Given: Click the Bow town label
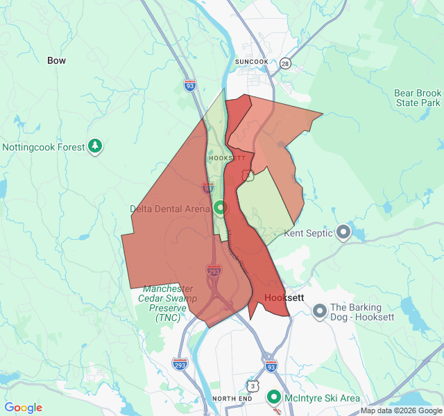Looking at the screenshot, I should [56, 60].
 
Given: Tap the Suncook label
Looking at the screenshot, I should [251, 62].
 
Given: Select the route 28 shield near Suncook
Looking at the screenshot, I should [286, 63].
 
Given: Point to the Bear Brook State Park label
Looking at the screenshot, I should [417, 98].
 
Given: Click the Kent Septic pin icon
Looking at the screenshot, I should [343, 232].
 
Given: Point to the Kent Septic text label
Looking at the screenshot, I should [309, 233].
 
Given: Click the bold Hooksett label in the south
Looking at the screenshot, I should [284, 297].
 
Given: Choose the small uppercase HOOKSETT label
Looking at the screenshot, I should [226, 158].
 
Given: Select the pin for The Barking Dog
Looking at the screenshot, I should [320, 311].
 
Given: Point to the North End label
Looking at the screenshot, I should [232, 399].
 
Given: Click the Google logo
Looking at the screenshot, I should [24, 408].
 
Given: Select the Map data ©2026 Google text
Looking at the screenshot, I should [401, 410].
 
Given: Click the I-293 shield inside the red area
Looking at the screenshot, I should [214, 268].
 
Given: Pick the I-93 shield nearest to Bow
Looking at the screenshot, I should [190, 85].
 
